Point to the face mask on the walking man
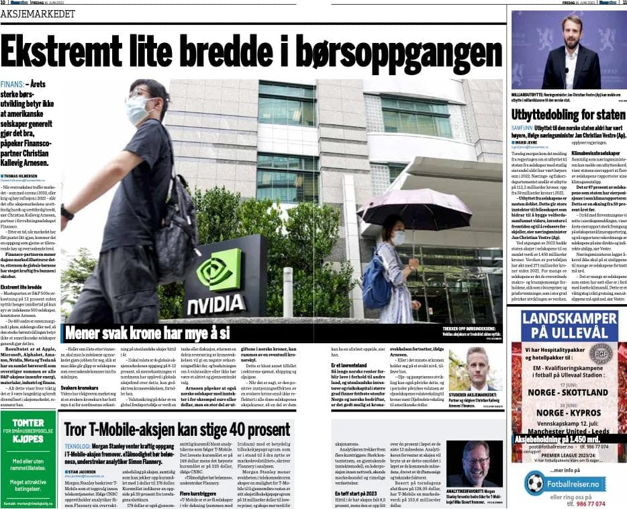tap(138, 109)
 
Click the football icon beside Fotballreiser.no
tap(535, 482)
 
